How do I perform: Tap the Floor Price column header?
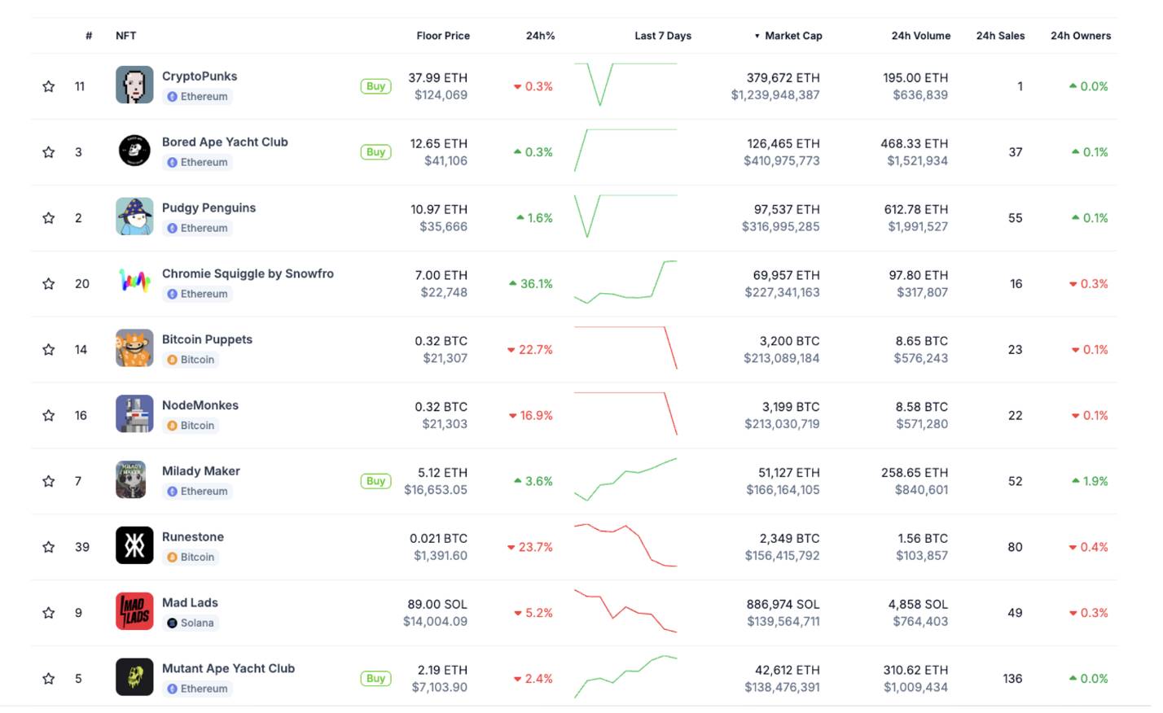442,36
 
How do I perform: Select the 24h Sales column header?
1000,36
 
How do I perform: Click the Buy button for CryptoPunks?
375,86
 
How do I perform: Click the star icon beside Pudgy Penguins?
49,218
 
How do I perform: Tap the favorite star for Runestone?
49,547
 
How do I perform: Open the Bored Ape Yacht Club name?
225,142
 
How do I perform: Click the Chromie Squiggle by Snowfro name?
248,273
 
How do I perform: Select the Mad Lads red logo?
134,612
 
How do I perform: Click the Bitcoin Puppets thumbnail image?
134,348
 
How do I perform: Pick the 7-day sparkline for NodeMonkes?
625,413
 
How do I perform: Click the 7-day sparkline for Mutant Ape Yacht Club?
625,677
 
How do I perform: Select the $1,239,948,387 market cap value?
775,95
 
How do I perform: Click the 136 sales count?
1012,679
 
